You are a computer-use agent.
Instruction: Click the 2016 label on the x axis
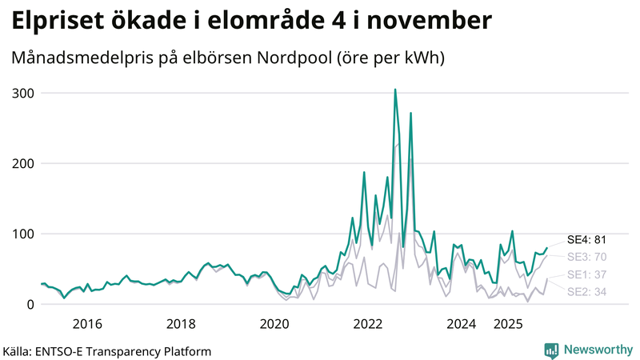pos(87,324)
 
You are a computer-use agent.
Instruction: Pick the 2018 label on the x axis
pos(181,324)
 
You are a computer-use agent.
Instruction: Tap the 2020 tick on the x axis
pos(274,324)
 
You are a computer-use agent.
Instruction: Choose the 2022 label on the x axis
pos(368,324)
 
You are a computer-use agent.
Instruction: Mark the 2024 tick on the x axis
pos(462,324)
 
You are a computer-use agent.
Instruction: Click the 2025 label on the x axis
pos(508,324)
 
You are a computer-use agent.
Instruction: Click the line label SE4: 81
pos(587,239)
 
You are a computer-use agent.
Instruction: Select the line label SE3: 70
pos(587,257)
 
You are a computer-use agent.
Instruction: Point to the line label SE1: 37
pos(587,275)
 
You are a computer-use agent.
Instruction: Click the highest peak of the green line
pos(395,90)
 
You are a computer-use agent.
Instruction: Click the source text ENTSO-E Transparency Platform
pos(130,350)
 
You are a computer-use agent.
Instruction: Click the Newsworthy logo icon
pos(551,350)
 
